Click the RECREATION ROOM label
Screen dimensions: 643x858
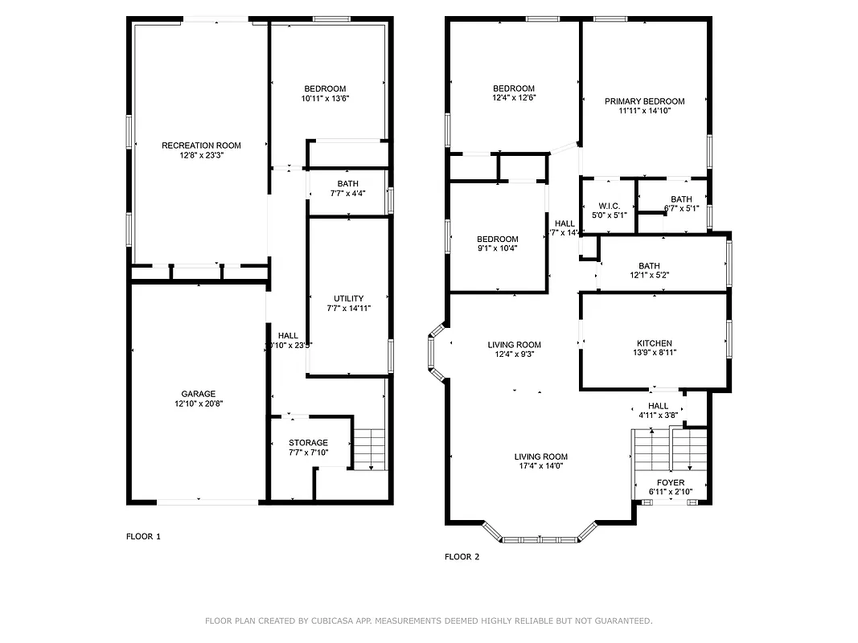(201, 145)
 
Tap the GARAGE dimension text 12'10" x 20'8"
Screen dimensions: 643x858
(198, 404)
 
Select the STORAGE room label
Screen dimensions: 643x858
(309, 443)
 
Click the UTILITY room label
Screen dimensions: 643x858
(348, 298)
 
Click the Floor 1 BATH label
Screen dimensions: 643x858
(348, 184)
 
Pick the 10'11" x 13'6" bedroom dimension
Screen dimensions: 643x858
(325, 99)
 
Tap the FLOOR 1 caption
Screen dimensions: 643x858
(143, 537)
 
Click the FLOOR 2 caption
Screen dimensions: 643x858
(462, 556)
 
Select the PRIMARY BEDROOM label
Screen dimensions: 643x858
(645, 101)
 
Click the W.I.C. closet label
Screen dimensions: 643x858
(609, 206)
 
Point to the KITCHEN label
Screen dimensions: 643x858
(654, 343)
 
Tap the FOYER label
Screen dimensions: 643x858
(671, 482)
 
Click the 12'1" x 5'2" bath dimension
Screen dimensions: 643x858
(650, 276)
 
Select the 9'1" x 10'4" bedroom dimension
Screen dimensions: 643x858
(497, 248)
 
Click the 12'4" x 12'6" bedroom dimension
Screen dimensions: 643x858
(514, 98)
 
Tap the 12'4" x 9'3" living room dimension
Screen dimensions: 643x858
(514, 354)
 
